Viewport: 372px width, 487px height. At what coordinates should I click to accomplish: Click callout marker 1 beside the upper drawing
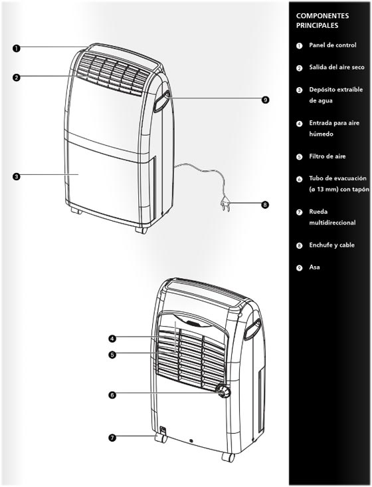coord(17,48)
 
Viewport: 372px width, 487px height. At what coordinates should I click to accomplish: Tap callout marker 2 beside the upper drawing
coord(17,77)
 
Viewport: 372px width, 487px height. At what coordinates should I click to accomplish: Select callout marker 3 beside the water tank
coord(17,176)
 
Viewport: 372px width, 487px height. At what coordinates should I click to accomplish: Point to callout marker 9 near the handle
coord(265,100)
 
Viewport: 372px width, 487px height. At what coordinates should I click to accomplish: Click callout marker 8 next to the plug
coord(265,205)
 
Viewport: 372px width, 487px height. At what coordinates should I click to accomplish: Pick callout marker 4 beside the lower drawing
coord(112,338)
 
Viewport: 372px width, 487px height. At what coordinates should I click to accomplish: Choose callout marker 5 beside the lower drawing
coord(112,354)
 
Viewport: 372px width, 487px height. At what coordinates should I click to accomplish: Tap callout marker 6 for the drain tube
coord(112,395)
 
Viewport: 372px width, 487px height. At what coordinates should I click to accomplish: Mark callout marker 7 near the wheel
coord(112,438)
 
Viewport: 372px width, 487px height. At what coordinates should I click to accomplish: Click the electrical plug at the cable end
coord(225,205)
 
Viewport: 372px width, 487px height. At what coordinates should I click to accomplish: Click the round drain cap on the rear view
coord(223,391)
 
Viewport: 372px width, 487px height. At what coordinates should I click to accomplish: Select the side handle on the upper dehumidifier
coord(161,101)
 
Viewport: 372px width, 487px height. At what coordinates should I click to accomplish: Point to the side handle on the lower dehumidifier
coord(252,329)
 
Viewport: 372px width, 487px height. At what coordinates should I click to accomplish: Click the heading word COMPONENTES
coord(322,16)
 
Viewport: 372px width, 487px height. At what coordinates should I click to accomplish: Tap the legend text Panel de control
coord(333,45)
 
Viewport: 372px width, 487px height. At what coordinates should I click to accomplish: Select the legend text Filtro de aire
coord(327,156)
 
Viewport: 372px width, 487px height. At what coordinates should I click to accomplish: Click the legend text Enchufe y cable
coord(331,245)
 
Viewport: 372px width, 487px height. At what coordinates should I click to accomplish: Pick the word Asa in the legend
coord(314,267)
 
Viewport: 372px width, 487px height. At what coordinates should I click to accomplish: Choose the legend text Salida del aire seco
coord(337,67)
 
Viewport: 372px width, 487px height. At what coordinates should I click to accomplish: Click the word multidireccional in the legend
coord(332,223)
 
